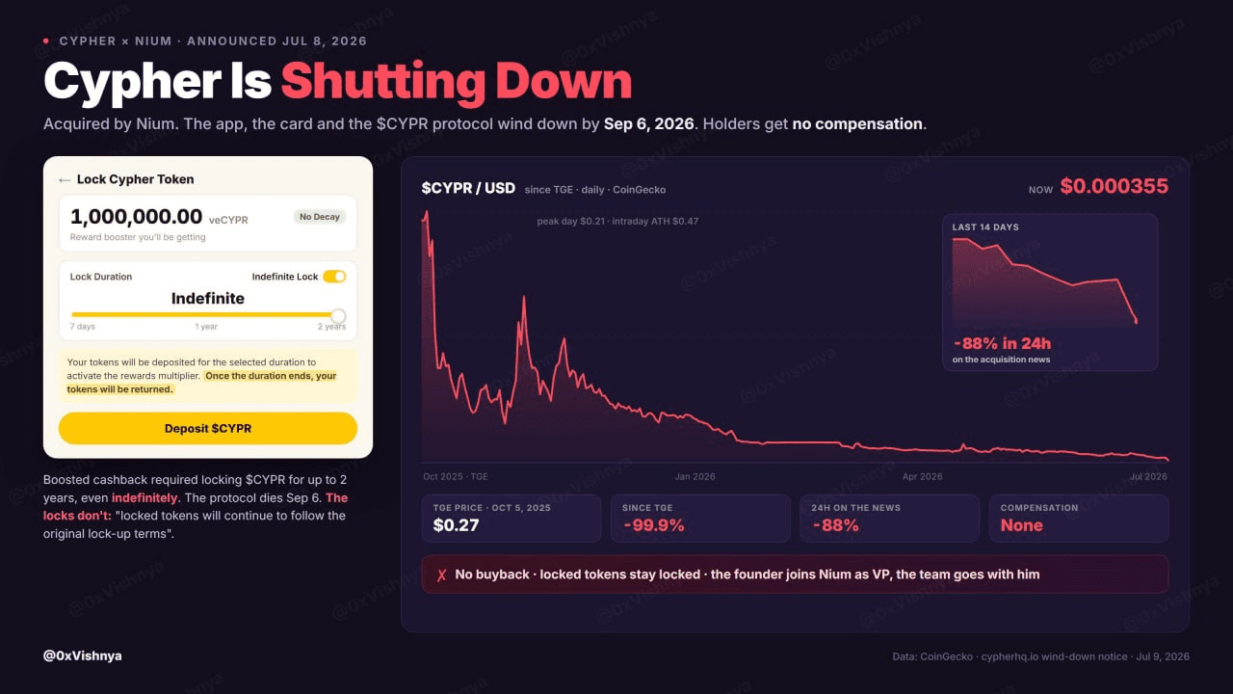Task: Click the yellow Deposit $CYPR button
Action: (208, 429)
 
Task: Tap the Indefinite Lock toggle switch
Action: (334, 277)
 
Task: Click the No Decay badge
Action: (319, 217)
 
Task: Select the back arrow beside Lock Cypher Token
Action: (65, 180)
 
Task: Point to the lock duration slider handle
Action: (338, 315)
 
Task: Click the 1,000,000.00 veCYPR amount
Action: (159, 217)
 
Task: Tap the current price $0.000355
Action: (1115, 186)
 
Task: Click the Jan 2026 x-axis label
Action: (695, 476)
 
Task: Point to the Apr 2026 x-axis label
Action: (922, 476)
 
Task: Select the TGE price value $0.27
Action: (456, 525)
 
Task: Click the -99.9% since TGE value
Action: (653, 525)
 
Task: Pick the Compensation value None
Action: (1022, 525)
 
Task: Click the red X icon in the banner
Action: (441, 575)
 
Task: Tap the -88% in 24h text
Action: (1003, 344)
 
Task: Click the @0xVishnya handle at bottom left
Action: (83, 656)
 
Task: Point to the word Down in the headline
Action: (564, 82)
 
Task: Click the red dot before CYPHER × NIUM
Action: (46, 40)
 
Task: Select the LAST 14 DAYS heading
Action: (985, 227)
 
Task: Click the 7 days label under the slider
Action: (83, 327)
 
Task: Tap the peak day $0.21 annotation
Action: (571, 222)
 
